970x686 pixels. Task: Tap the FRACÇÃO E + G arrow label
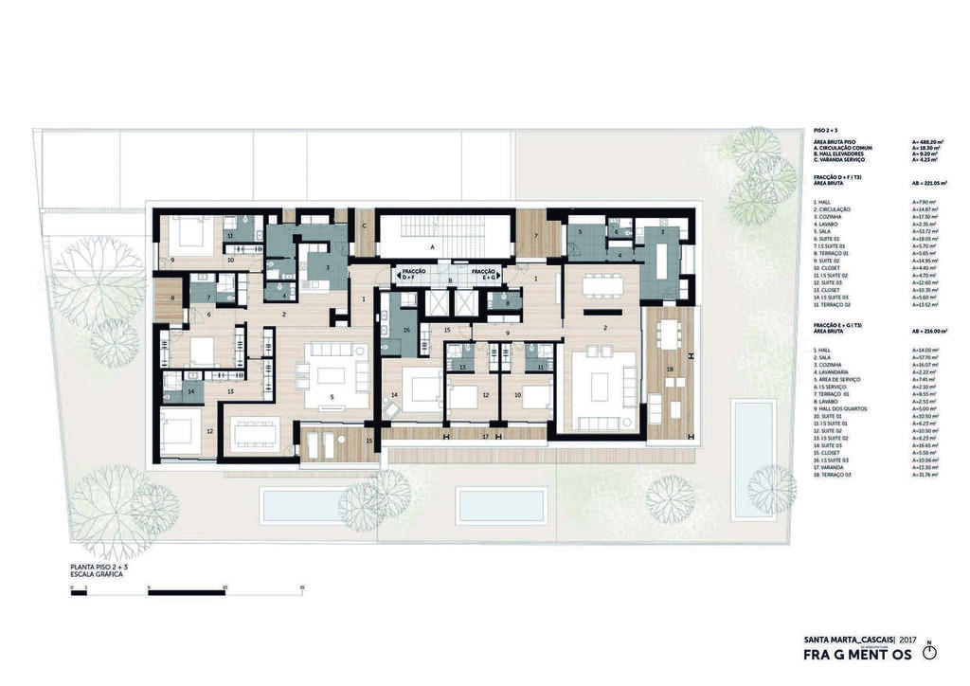(x=485, y=275)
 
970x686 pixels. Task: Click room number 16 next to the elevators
(x=406, y=330)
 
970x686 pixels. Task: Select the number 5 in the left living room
(x=332, y=397)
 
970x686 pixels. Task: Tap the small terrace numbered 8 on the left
(x=172, y=298)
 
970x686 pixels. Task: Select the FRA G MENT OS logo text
(x=856, y=656)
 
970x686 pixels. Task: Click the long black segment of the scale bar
(x=187, y=593)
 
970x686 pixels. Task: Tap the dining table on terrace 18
(x=671, y=333)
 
